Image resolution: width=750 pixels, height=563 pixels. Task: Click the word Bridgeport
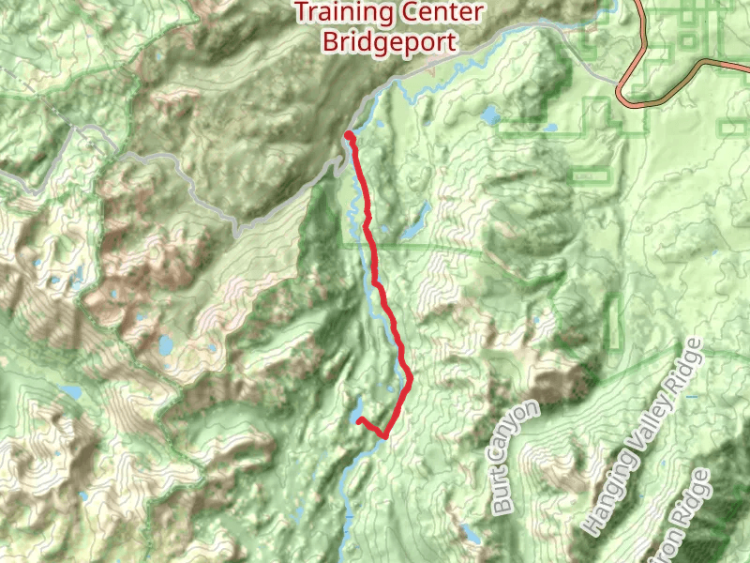pos(389,41)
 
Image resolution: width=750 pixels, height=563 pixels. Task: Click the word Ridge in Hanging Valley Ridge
pos(689,367)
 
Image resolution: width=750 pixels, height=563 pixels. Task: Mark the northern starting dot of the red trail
pos(349,136)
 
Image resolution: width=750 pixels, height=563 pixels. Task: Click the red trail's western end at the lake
pos(360,420)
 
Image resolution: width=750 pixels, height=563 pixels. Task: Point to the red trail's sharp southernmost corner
pos(384,436)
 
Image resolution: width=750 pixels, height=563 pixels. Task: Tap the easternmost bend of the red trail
pos(410,378)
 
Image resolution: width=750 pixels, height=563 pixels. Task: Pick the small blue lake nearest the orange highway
pos(490,115)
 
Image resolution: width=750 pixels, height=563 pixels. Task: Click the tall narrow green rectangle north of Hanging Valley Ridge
pos(616,319)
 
